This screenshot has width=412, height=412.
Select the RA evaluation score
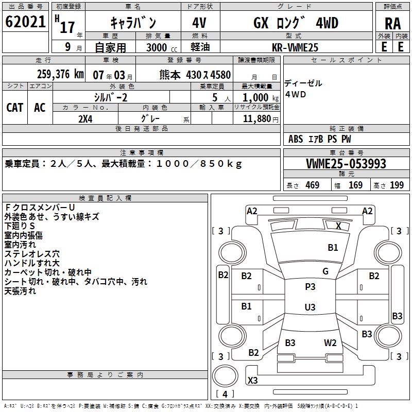pos(392,24)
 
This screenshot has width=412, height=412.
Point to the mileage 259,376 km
pos(61,75)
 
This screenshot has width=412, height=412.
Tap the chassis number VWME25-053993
pos(346,164)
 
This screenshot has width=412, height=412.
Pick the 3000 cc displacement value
pos(158,47)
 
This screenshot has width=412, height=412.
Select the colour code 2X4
pos(85,118)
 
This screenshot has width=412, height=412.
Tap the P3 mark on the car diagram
pos(310,287)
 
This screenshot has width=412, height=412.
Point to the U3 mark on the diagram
pos(310,307)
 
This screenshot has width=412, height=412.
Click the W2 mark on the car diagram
pos(330,343)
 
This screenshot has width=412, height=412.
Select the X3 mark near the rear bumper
pos(253,381)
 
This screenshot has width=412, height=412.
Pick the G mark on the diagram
pos(325,271)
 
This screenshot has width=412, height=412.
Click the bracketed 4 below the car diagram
pos(225,394)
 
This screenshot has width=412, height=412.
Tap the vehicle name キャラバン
pos(133,23)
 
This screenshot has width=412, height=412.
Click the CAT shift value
pos(14,108)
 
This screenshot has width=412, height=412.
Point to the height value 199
pos(397,185)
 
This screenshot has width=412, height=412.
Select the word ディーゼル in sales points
pos(303,83)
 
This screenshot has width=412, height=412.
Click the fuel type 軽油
pos(199,47)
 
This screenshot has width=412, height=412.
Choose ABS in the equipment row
pos(296,139)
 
